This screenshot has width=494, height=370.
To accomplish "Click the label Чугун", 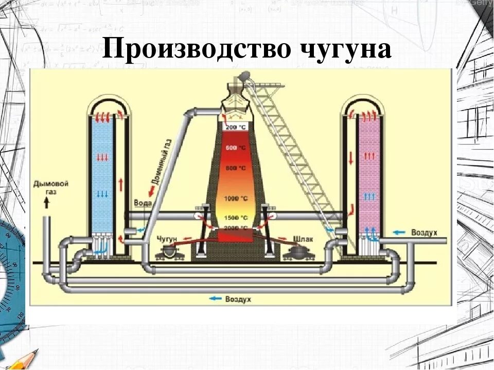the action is [x=167, y=239].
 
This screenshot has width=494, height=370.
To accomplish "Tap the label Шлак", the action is [x=303, y=239].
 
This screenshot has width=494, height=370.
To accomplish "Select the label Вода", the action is [x=143, y=202].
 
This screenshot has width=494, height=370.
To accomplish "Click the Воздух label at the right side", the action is [x=424, y=232].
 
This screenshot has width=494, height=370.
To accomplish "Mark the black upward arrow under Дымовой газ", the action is [x=47, y=203].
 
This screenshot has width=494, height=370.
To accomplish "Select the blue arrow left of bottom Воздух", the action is [x=215, y=299].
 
